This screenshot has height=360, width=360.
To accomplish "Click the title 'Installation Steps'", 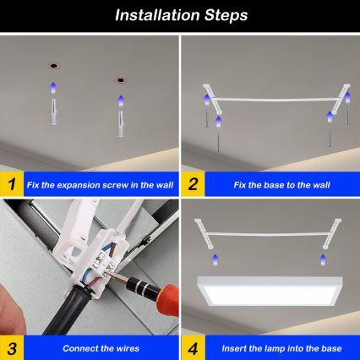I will (x=180, y=15).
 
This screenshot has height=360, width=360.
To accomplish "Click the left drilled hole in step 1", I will (x=52, y=65).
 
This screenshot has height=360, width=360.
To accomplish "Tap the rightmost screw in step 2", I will (x=328, y=134).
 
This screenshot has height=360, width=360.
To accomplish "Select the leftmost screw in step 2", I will (x=205, y=117).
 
